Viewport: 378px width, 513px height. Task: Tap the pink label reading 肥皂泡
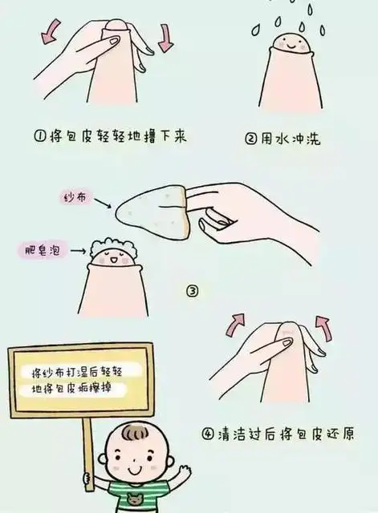tap(40, 252)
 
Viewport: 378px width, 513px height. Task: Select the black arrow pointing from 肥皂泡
tap(77, 252)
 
